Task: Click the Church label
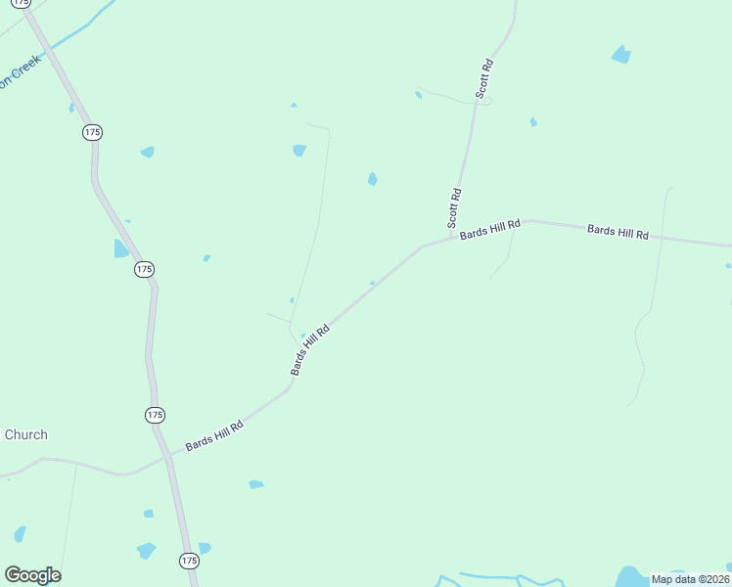point(25,435)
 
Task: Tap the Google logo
point(32,575)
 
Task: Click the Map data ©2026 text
point(690,579)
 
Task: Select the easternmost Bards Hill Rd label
point(618,232)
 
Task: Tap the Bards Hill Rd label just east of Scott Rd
point(489,229)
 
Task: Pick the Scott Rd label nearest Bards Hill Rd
point(455,208)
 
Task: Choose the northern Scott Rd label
point(484,77)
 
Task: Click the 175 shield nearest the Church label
point(155,415)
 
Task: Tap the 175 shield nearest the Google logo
point(189,561)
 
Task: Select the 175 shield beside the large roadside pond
point(144,268)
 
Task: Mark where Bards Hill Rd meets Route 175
point(167,455)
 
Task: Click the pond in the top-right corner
point(620,55)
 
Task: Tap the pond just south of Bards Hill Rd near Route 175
point(255,483)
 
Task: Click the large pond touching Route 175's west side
point(120,248)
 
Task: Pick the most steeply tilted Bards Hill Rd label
point(309,350)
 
